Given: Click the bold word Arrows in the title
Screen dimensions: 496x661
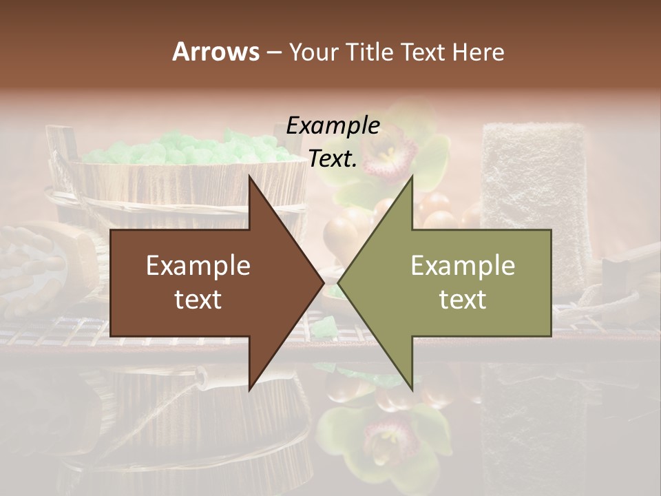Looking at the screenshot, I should pos(216,52).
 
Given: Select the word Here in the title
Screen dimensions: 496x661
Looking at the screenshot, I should pos(478,52).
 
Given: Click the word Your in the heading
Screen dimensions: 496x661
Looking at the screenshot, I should pos(312,52).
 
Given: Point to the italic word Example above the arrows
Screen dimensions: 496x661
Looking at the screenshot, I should pos(333,126).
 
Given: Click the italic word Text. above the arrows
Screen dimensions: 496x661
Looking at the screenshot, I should pos(333,158).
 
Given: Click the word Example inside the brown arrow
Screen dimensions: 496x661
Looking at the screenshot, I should pos(198,266).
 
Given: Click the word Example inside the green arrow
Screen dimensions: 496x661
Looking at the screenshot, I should pos(463,266).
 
